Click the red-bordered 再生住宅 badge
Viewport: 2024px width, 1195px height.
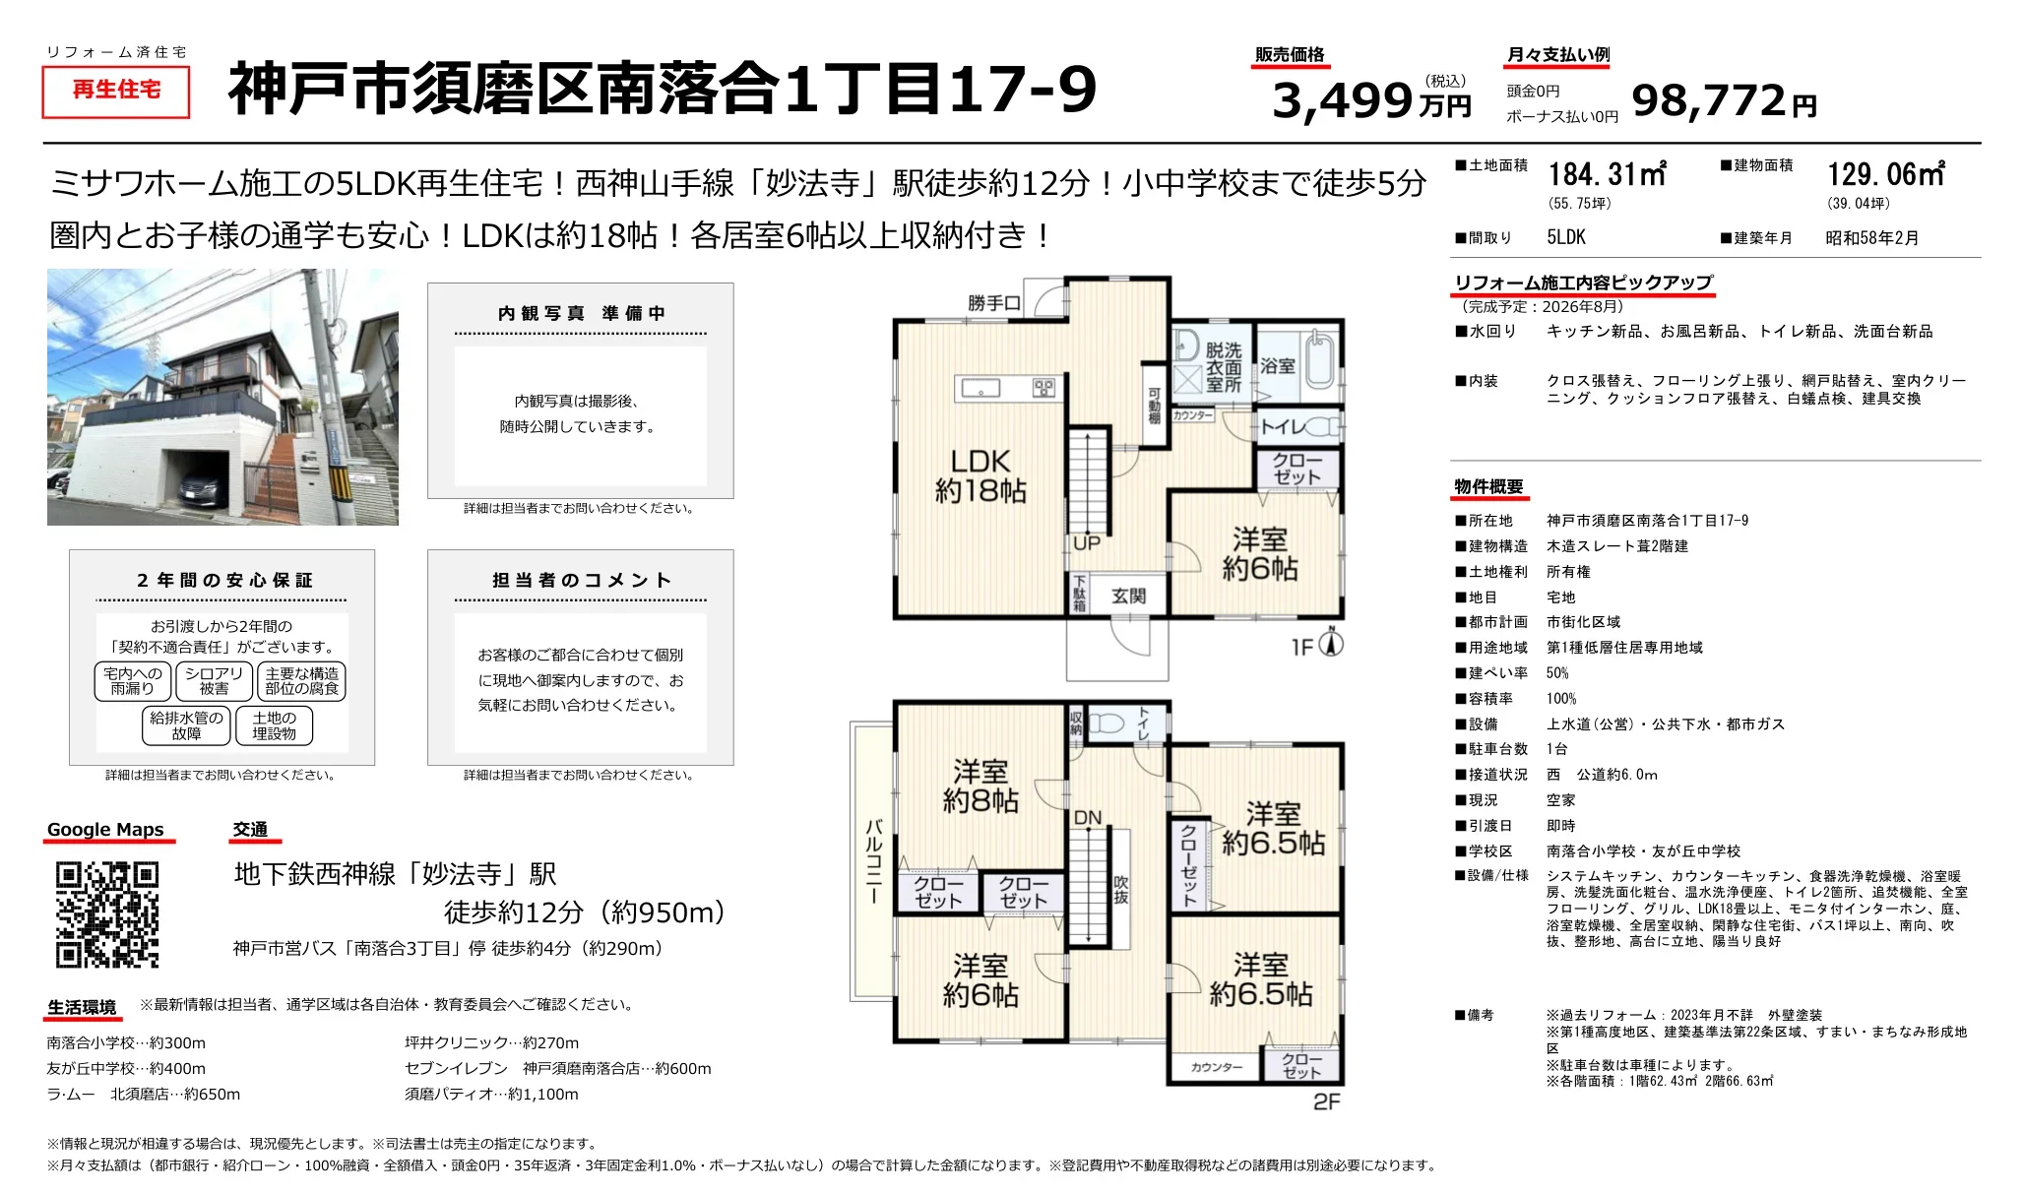click(x=116, y=91)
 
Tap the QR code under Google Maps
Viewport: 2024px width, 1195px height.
click(x=107, y=914)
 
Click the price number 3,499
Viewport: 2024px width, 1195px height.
click(x=1343, y=99)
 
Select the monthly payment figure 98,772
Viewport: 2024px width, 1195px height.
click(x=1708, y=99)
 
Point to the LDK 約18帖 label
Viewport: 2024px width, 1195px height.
click(x=980, y=475)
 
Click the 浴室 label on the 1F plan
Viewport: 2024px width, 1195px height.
click(x=1278, y=365)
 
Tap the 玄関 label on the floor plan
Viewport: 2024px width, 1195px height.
click(x=1128, y=596)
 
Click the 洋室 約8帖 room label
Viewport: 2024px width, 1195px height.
click(x=980, y=786)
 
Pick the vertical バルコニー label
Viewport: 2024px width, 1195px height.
click(x=873, y=860)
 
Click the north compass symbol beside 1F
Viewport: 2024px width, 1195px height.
click(x=1331, y=643)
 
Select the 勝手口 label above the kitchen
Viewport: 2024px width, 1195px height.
click(x=993, y=303)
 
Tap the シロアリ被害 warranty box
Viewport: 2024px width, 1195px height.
click(x=214, y=681)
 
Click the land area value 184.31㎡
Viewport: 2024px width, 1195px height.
click(x=1607, y=174)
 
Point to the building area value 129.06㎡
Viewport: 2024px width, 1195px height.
click(x=1885, y=174)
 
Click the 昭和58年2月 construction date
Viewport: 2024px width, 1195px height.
click(x=1871, y=237)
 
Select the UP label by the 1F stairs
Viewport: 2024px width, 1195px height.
click(x=1087, y=543)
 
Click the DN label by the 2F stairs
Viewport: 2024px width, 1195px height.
click(x=1088, y=818)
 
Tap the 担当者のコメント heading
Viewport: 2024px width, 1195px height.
click(x=582, y=580)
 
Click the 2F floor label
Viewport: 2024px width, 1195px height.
click(x=1327, y=1101)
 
